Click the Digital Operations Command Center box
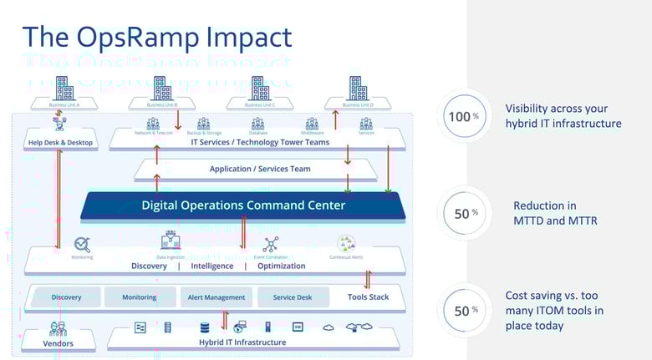pyautogui.click(x=242, y=205)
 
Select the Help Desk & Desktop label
pyautogui.click(x=59, y=143)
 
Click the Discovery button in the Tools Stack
pyautogui.click(x=66, y=297)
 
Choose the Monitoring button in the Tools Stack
pyautogui.click(x=139, y=297)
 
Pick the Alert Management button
pyautogui.click(x=216, y=297)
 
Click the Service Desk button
pyautogui.click(x=293, y=297)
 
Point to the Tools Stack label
pyautogui.click(x=369, y=297)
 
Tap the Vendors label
pyautogui.click(x=58, y=343)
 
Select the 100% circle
pyautogui.click(x=463, y=117)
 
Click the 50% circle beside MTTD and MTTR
pyautogui.click(x=463, y=214)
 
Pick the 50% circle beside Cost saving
pyautogui.click(x=463, y=311)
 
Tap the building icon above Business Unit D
pyautogui.click(x=358, y=88)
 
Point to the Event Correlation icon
pyautogui.click(x=270, y=244)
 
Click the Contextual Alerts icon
pyautogui.click(x=346, y=244)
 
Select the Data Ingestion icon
pyautogui.click(x=171, y=242)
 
